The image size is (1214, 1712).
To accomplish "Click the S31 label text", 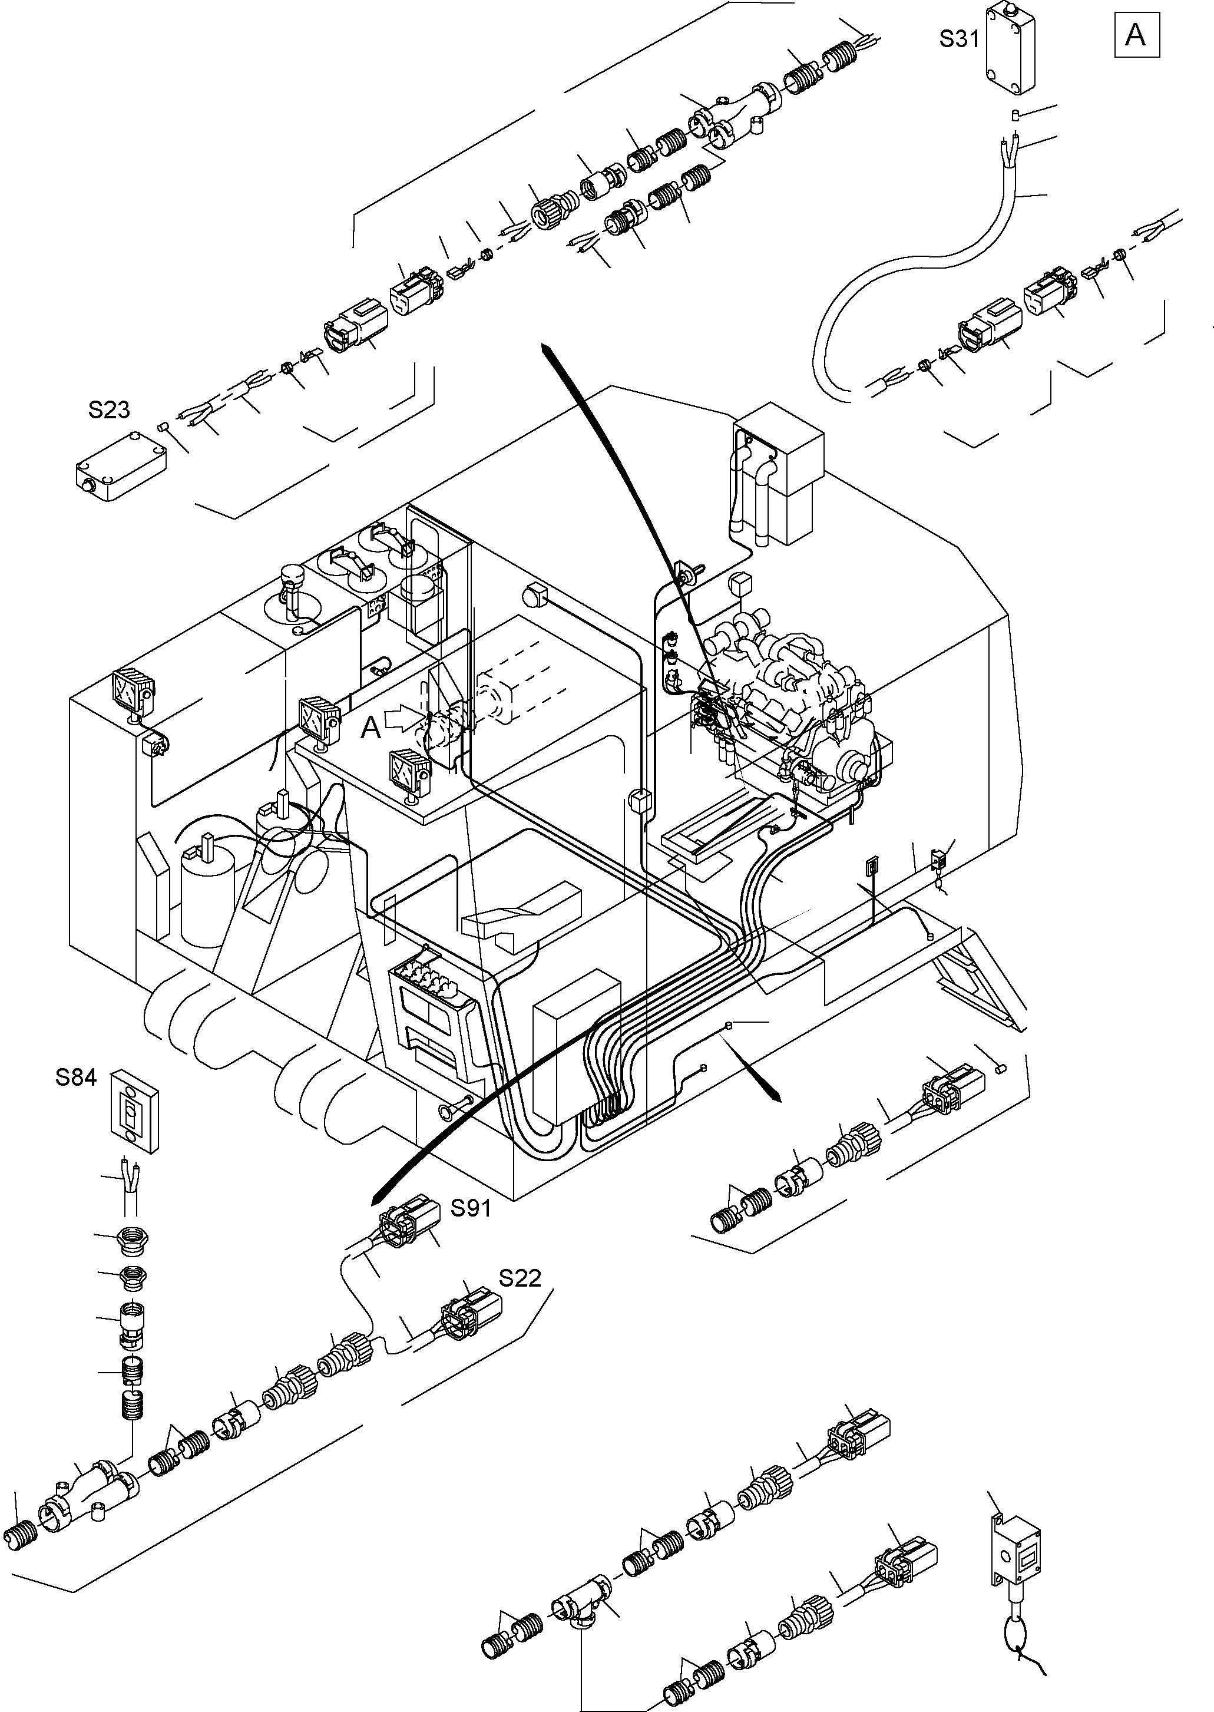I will (x=959, y=39).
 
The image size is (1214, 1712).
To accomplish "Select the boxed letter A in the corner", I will (x=1136, y=34).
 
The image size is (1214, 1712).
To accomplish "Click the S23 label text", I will (x=109, y=409).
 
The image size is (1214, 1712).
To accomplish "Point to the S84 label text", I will (x=76, y=1078).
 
